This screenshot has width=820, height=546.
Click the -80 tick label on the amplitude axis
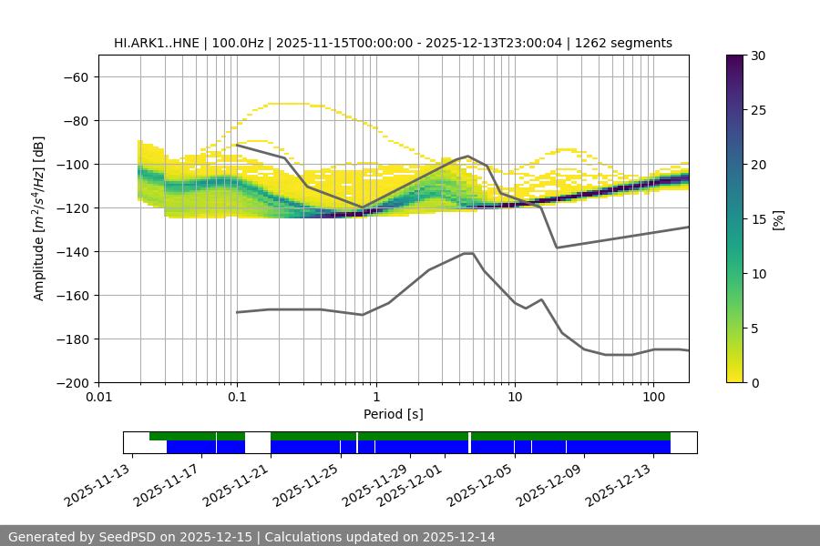[75, 120]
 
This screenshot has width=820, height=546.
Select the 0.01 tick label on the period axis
[98, 398]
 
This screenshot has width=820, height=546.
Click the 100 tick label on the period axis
[653, 398]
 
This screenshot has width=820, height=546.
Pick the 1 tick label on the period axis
[376, 398]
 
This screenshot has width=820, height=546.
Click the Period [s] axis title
[394, 414]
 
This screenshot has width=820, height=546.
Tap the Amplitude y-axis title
[39, 218]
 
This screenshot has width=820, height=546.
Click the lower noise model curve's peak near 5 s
[468, 253]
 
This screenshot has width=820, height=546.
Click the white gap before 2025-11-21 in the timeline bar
[258, 442]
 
